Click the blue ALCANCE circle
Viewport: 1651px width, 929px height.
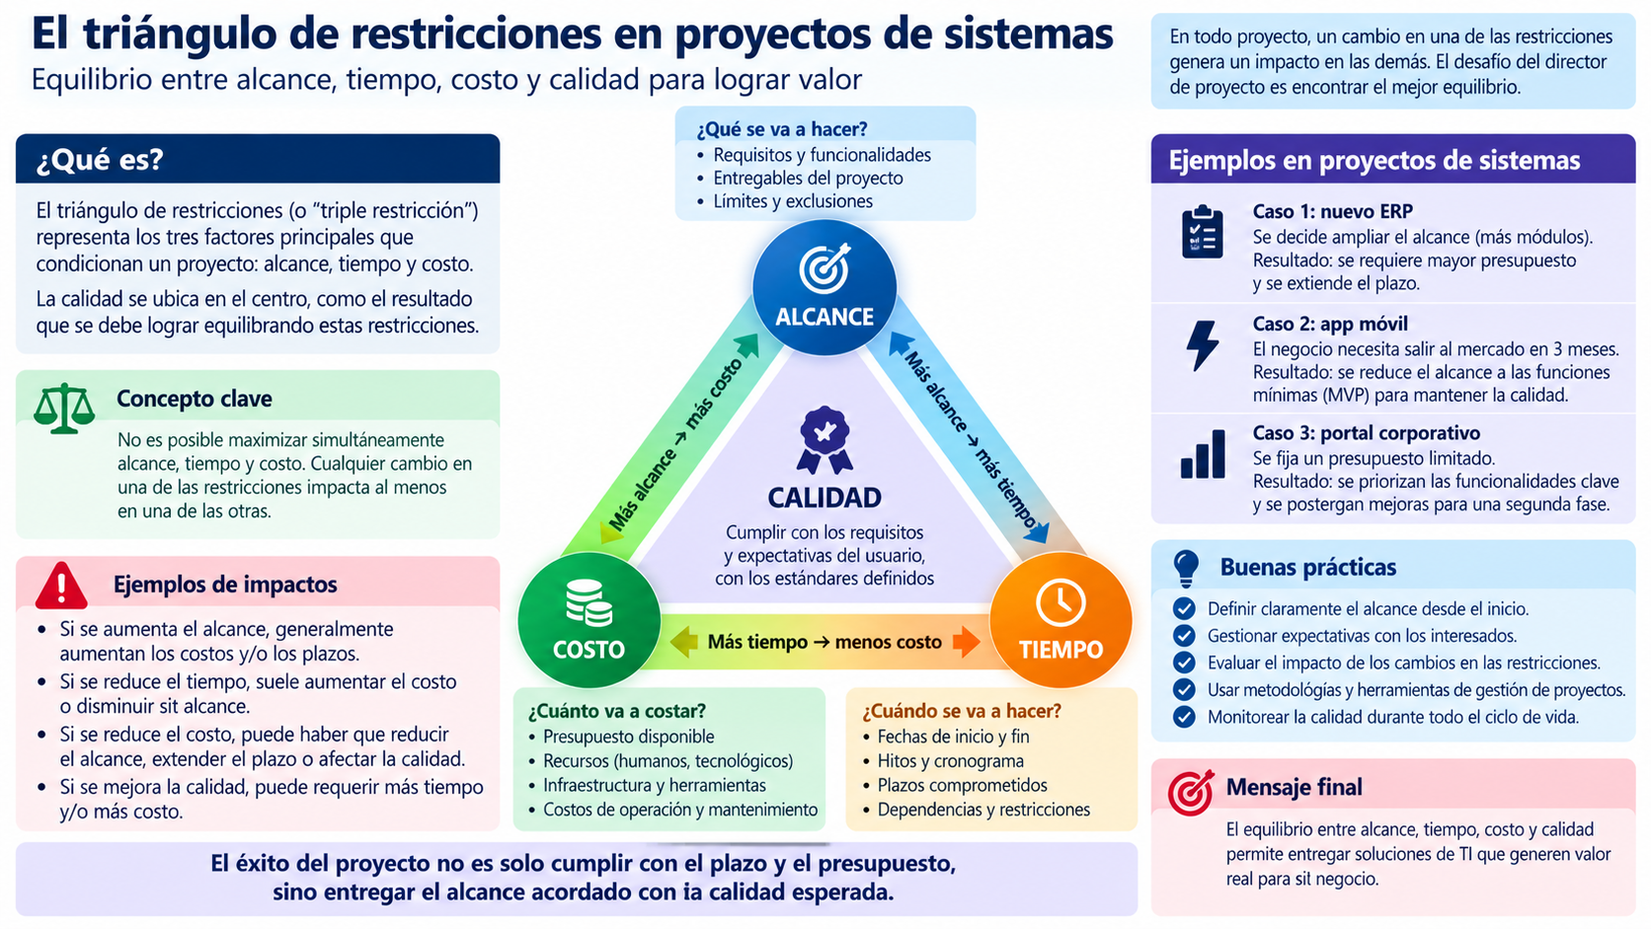[825, 287]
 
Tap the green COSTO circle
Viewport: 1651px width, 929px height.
[589, 620]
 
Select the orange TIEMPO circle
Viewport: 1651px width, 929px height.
[1060, 620]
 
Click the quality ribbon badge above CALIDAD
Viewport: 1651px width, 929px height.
[825, 440]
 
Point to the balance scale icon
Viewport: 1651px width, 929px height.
[64, 408]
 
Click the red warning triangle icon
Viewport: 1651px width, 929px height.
[62, 585]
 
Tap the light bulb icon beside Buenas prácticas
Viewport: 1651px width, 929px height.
[1185, 568]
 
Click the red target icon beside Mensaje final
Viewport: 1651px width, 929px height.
[1191, 792]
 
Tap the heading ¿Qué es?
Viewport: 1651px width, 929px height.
[100, 160]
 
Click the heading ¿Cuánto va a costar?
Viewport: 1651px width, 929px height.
[617, 711]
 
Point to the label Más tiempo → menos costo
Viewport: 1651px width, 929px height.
[825, 642]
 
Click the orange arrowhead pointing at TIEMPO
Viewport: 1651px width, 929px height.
[967, 642]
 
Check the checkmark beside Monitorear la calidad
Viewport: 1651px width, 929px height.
[1184, 717]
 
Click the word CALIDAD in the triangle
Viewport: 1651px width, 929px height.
[825, 498]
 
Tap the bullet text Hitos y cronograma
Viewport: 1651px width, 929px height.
[950, 761]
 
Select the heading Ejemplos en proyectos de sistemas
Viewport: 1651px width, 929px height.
[1374, 160]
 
